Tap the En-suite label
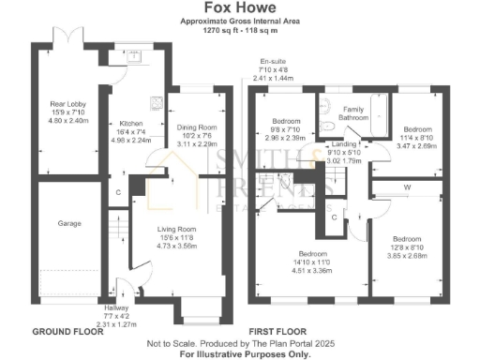click(275, 64)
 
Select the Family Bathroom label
click(353, 112)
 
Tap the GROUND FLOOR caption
click(67, 332)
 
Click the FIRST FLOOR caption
click(276, 332)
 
